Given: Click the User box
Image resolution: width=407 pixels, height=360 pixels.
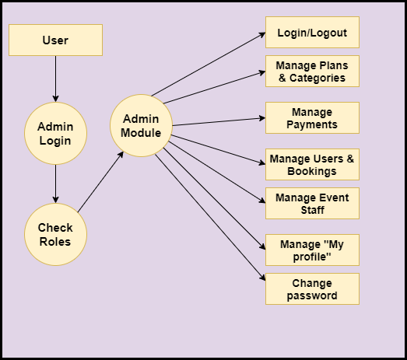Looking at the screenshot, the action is pyautogui.click(x=55, y=40).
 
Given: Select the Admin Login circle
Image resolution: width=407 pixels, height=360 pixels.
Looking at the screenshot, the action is pyautogui.click(x=55, y=133).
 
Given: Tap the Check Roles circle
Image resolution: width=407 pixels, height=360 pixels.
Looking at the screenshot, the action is pyautogui.click(x=55, y=234).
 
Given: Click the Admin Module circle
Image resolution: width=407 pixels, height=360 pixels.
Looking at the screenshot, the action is pyautogui.click(x=141, y=125).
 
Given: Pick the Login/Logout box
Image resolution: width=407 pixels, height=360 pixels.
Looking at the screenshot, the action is pyautogui.click(x=312, y=32).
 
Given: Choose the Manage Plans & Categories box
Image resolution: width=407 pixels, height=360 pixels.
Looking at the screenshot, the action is pyautogui.click(x=312, y=71).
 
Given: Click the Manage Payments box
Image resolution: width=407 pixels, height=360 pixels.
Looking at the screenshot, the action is pyautogui.click(x=312, y=117).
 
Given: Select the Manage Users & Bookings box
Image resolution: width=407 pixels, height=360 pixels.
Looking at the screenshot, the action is pyautogui.click(x=312, y=164).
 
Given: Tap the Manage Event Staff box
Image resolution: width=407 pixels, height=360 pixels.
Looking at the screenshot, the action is pyautogui.click(x=312, y=204).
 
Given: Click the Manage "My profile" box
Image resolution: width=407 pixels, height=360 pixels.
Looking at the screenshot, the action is pyautogui.click(x=312, y=250).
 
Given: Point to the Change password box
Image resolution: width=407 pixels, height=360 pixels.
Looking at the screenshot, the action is pyautogui.click(x=312, y=289).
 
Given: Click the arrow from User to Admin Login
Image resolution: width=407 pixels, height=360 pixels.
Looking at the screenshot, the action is pyautogui.click(x=55, y=79).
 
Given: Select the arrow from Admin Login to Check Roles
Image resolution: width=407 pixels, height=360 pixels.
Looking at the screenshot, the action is pyautogui.click(x=55, y=184).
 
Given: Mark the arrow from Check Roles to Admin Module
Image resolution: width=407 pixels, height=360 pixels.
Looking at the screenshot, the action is pyautogui.click(x=100, y=182).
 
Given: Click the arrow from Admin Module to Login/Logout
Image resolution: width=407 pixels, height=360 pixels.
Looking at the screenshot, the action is pyautogui.click(x=209, y=64).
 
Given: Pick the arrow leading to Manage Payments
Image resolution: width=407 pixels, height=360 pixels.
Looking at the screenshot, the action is pyautogui.click(x=219, y=121).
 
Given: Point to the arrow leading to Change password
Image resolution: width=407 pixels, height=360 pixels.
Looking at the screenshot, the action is pyautogui.click(x=210, y=218).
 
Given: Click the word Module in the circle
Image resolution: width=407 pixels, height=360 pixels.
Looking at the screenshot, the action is pyautogui.click(x=141, y=133).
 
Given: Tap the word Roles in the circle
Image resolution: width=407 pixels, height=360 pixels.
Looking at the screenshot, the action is pyautogui.click(x=55, y=242).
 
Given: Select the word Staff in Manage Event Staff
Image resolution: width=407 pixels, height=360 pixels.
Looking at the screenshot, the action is pyautogui.click(x=312, y=210).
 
